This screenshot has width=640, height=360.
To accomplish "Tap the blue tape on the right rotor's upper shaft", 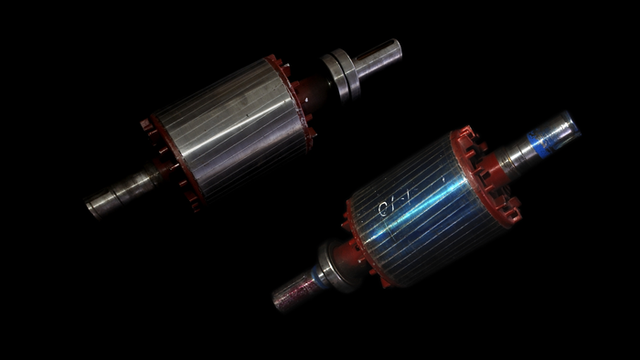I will point(552,135).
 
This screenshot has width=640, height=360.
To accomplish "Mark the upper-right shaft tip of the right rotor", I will point(571,122).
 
